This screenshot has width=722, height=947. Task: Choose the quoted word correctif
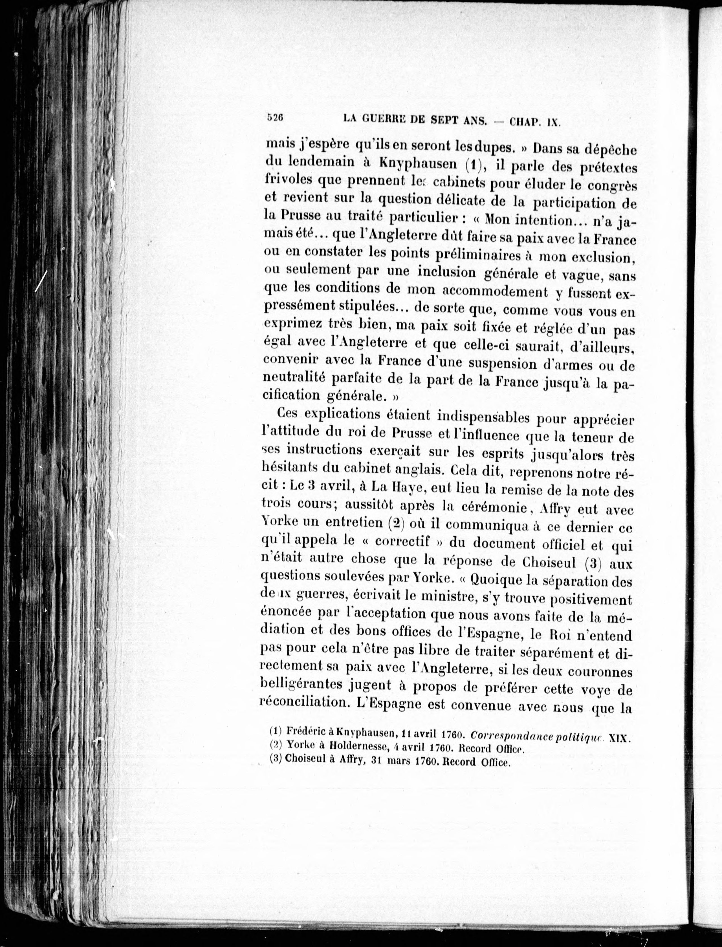[x=402, y=541]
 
